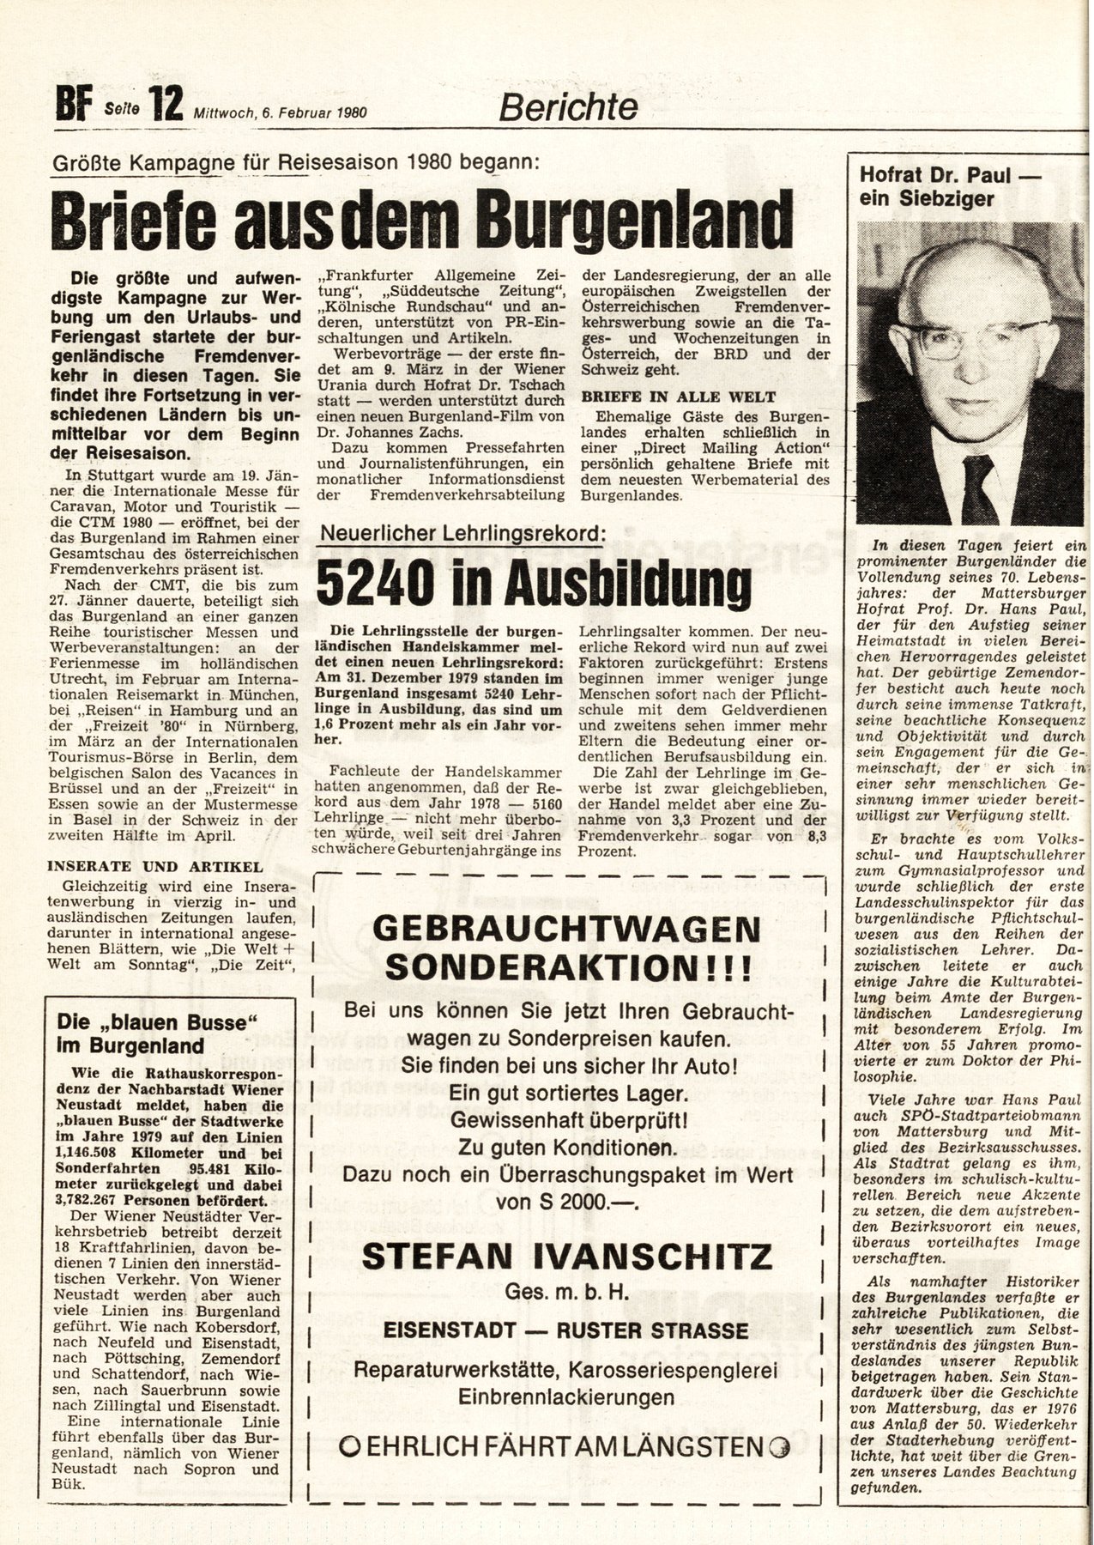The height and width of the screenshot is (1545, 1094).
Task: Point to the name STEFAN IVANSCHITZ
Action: tap(566, 1257)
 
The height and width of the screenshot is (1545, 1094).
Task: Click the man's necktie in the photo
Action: tap(977, 488)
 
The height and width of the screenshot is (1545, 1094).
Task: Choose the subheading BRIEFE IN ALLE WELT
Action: tap(678, 397)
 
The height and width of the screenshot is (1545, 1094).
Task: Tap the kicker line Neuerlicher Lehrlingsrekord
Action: tap(461, 534)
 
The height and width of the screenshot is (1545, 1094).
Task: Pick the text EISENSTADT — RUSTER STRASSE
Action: tap(566, 1330)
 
